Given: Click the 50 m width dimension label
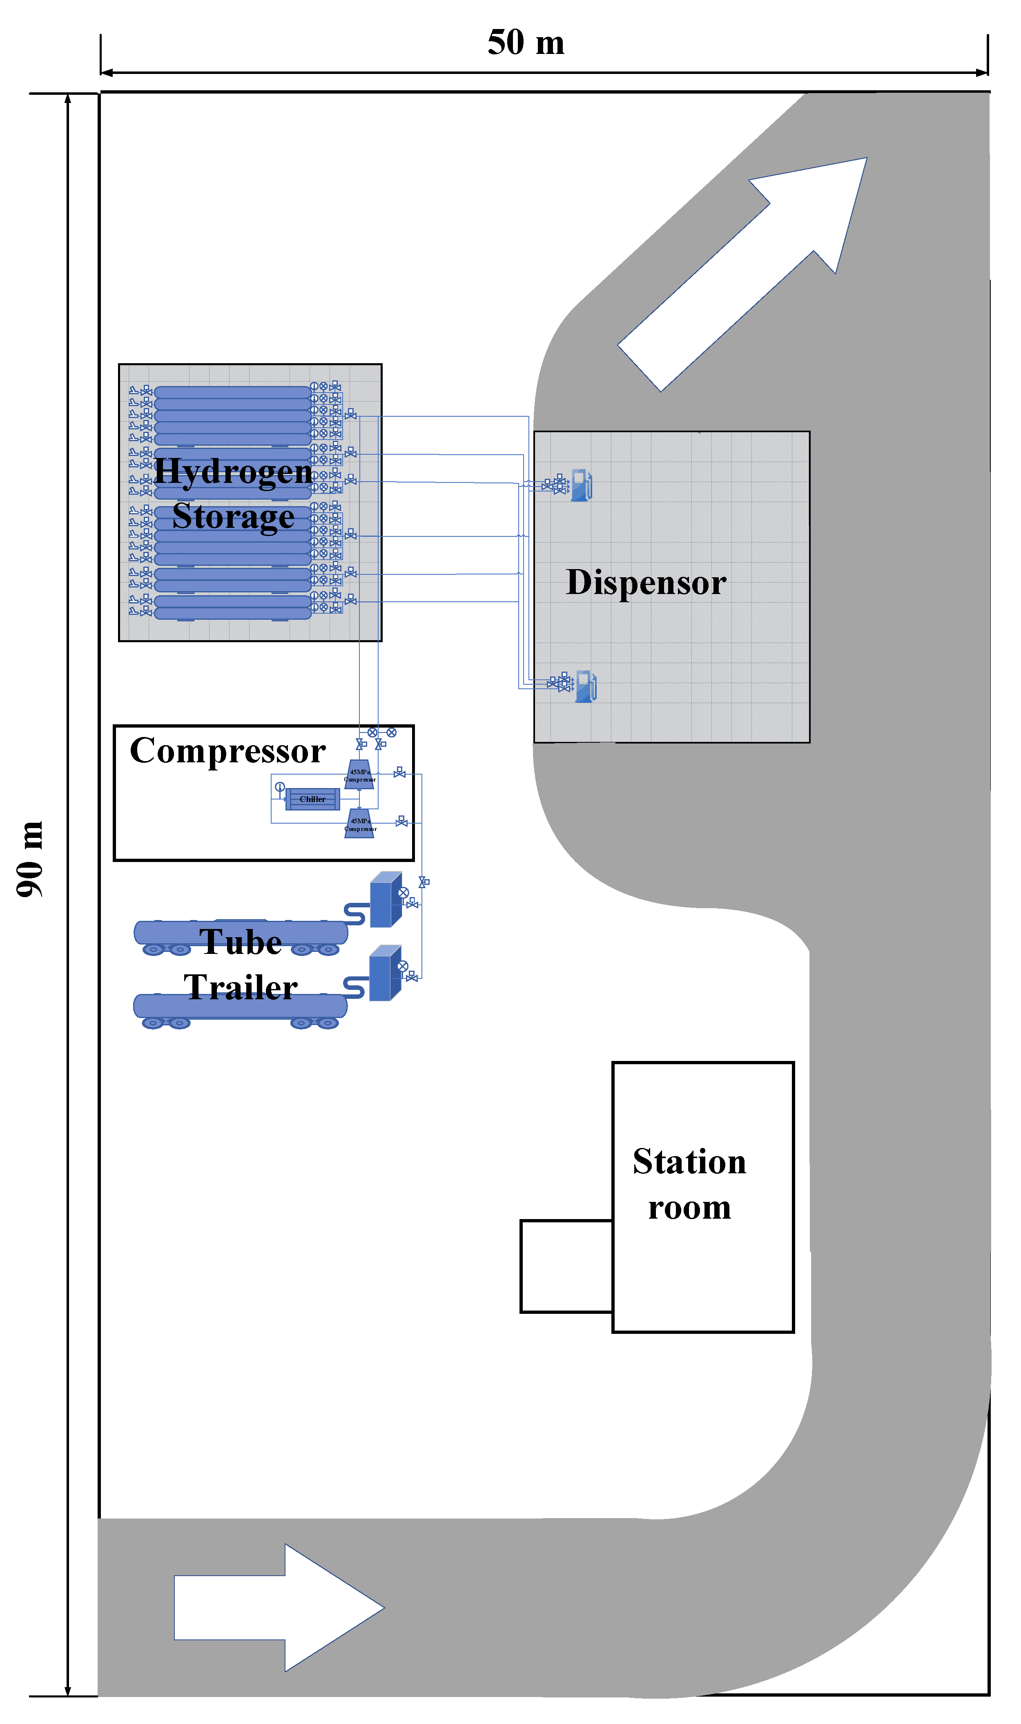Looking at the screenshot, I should [526, 42].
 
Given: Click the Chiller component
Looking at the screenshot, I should [312, 799].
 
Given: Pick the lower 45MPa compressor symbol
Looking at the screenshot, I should [359, 824].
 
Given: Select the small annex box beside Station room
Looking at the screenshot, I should [566, 1266].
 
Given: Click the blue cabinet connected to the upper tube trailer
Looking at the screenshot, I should [385, 900].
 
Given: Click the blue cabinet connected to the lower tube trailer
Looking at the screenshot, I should [385, 973].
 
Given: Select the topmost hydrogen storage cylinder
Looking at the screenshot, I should [232, 392].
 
